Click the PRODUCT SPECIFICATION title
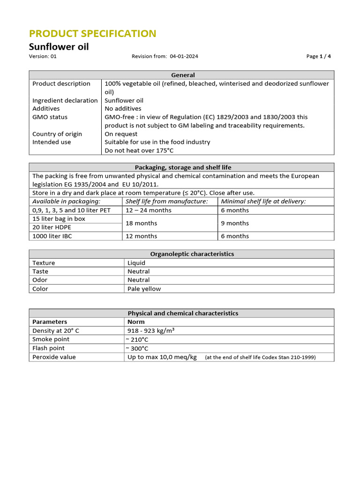point(92,34)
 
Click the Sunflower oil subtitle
point(59,46)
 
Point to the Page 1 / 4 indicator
point(318,56)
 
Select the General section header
point(183,75)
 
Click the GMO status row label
point(50,117)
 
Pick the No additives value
point(123,109)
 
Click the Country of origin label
point(57,134)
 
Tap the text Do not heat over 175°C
point(139,150)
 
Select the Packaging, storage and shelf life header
point(183,167)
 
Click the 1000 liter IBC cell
point(52,236)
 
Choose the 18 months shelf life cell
point(141,223)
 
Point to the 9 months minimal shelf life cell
point(235,223)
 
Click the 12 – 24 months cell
point(149,210)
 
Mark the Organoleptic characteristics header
point(192,254)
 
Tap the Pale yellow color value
point(144,289)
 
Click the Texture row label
point(44,263)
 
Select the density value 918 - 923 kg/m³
point(151,330)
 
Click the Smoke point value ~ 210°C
point(138,339)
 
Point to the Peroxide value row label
point(54,357)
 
